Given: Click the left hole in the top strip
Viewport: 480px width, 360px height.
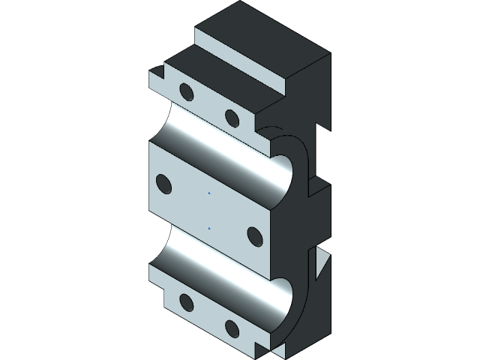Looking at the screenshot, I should point(185,92).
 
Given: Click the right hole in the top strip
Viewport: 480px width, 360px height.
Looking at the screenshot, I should point(232,118).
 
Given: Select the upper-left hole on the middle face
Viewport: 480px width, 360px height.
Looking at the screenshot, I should point(163,184).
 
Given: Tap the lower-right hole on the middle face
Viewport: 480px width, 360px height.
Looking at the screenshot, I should point(254,237).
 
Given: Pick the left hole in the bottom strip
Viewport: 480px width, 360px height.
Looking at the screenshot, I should point(185,302).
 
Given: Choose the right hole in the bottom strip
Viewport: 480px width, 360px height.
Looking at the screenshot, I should point(232,328).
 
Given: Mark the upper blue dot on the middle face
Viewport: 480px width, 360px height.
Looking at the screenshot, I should point(209,193).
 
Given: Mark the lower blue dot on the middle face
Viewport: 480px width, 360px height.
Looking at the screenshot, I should point(209,226).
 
